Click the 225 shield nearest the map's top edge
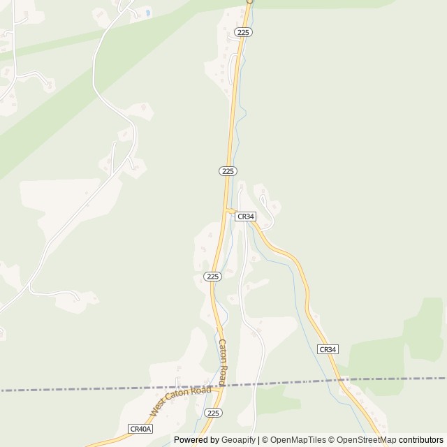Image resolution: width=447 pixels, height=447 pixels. (x=244, y=32)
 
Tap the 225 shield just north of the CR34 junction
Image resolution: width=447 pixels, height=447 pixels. (x=228, y=171)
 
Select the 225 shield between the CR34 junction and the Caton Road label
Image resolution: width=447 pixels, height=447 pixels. (x=213, y=277)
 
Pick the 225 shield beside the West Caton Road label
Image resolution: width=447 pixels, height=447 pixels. (x=214, y=413)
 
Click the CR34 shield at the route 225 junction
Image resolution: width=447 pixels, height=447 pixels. (x=245, y=217)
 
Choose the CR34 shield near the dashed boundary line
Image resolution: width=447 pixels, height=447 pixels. (x=328, y=349)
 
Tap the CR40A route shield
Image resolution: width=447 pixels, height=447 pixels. (x=140, y=428)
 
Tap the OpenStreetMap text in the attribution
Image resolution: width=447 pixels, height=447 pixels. (x=362, y=440)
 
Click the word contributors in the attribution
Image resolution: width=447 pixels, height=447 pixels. (x=421, y=440)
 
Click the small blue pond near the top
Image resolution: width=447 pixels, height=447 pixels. (x=147, y=13)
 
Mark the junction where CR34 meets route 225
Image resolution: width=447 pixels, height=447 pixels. (x=227, y=210)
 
